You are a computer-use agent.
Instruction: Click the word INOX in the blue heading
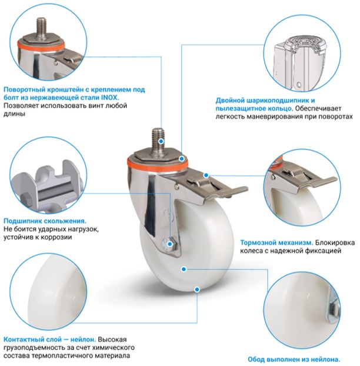109,97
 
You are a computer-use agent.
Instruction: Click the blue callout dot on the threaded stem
161,141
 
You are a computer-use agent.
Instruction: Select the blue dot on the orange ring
182,159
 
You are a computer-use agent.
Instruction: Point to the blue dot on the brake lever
206,175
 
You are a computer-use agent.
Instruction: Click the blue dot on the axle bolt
170,244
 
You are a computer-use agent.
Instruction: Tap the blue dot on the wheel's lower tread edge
197,290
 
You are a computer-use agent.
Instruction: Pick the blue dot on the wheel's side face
184,269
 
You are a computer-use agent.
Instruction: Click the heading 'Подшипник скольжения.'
45,221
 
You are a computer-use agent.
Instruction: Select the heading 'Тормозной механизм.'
276,243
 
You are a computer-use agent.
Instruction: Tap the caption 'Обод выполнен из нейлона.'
294,359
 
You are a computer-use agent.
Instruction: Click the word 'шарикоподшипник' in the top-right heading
274,101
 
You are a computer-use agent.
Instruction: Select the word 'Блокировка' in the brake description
335,243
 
